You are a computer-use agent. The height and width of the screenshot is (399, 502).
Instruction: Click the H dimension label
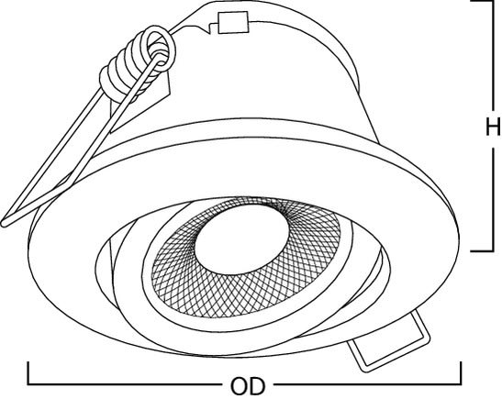pyautogui.click(x=493, y=127)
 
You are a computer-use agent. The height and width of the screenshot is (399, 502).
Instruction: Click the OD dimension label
pyautogui.click(x=248, y=386)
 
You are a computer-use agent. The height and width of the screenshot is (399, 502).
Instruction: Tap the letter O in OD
pyautogui.click(x=240, y=386)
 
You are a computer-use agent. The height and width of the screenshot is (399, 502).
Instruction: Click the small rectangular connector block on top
pyautogui.click(x=233, y=22)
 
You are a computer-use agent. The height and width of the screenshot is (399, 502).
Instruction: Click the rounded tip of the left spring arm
pyautogui.click(x=5, y=222)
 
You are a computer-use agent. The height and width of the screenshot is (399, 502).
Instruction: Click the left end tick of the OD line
pyautogui.click(x=28, y=373)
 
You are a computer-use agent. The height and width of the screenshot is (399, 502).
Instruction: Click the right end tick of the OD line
pyautogui.click(x=461, y=373)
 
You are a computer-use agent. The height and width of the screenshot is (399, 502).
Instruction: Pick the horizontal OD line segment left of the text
pyautogui.click(x=125, y=384)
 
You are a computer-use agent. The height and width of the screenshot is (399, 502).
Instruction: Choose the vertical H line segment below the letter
pyautogui.click(x=493, y=198)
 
